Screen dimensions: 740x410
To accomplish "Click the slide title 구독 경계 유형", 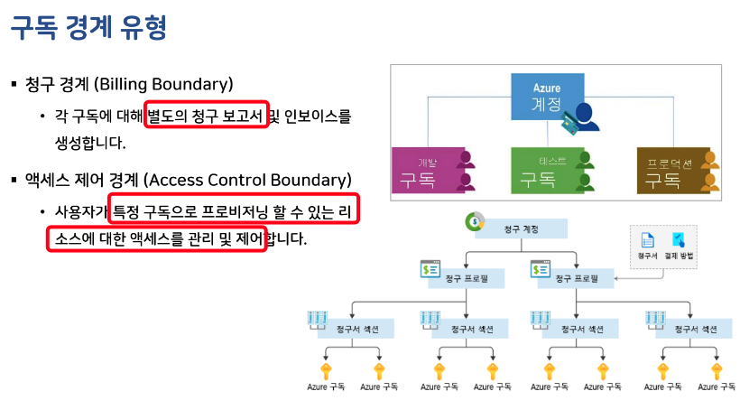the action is coord(88,29).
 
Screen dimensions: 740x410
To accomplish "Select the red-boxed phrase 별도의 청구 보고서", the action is coord(207,116).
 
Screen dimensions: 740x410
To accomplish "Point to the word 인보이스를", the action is coord(318,116).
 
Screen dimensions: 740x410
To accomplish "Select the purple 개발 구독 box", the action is coord(431,170).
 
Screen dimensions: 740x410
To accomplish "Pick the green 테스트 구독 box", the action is coord(552,170).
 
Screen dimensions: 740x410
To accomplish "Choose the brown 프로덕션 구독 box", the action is coord(677,170).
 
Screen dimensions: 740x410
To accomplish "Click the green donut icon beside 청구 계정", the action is coord(473,222).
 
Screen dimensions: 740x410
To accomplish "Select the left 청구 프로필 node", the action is coord(466,279).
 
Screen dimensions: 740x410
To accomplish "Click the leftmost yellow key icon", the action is coord(326,370).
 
